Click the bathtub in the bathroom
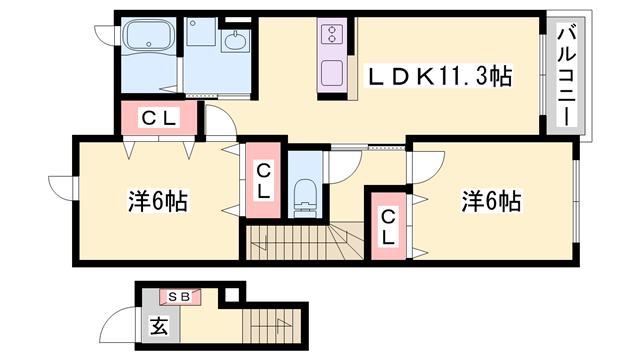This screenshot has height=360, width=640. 149,41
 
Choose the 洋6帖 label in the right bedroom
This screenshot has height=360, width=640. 490,201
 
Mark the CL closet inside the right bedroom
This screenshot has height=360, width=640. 387,225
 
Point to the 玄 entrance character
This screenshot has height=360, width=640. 158,325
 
